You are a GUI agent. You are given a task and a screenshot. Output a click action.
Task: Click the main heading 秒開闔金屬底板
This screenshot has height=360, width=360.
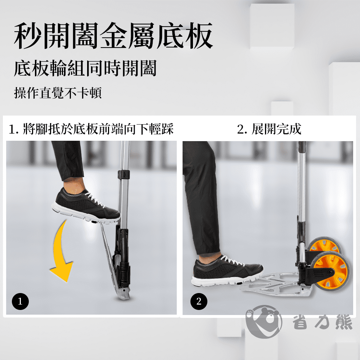tap(113, 36)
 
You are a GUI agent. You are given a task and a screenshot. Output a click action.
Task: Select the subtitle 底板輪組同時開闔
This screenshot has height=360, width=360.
tap(85, 68)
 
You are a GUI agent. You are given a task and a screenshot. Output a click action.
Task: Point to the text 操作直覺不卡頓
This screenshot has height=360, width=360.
tap(58, 93)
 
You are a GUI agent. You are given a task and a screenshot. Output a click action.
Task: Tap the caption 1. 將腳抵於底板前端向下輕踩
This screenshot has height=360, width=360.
tap(91, 129)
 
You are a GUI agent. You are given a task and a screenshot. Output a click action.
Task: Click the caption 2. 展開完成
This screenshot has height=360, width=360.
tap(269, 129)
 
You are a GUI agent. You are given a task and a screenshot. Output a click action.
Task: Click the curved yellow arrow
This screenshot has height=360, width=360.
tap(59, 253)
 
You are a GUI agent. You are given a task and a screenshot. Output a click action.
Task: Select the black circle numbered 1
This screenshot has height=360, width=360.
tap(20, 301)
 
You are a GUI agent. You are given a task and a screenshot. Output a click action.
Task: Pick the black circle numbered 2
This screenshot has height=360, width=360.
tap(199, 301)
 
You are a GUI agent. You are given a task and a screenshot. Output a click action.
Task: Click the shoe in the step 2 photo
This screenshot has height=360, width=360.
tap(227, 271)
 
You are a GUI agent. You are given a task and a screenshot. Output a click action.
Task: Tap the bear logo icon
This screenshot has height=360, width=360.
tap(264, 322)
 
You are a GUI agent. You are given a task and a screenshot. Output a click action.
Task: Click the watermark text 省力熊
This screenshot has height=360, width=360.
tap(322, 322)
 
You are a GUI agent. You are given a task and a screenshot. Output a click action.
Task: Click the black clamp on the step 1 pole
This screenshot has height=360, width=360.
tap(124, 175)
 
